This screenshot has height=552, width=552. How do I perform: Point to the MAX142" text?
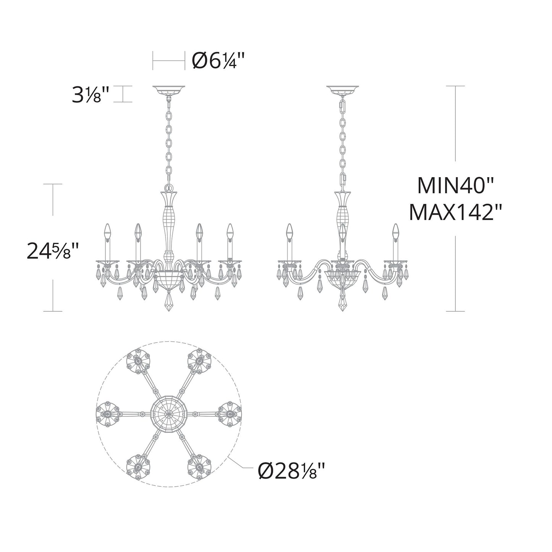click(455, 212)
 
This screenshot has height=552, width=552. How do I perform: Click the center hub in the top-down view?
click(168, 414)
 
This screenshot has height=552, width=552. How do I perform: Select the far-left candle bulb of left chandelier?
click(107, 231)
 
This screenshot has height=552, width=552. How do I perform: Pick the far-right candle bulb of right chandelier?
click(395, 231)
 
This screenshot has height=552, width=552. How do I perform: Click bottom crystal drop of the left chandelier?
click(168, 302)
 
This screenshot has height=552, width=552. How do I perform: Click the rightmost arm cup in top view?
click(230, 414)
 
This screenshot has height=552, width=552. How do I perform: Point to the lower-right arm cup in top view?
click(199, 467)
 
